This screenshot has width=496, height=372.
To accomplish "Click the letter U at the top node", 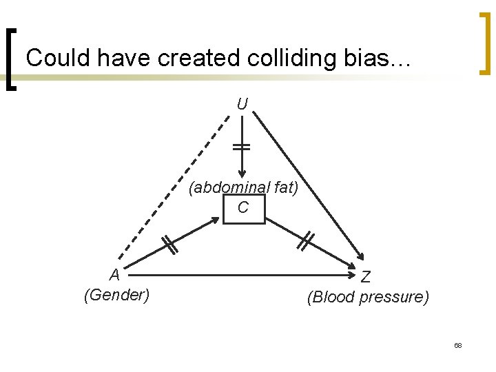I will click(242, 105).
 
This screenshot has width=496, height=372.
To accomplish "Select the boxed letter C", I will click(243, 207).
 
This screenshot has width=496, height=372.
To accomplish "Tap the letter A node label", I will click(115, 275).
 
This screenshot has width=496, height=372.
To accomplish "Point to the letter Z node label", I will click(366, 277).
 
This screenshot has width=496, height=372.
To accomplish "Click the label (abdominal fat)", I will click(244, 187).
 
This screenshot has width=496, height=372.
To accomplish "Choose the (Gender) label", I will click(116, 296).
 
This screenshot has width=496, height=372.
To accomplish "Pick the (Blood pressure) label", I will click(368, 298).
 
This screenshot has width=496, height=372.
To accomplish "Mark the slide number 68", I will click(457, 344).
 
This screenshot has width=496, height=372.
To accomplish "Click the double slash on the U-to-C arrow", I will click(242, 147).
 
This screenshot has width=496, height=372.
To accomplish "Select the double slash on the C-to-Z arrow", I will click(307, 241).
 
